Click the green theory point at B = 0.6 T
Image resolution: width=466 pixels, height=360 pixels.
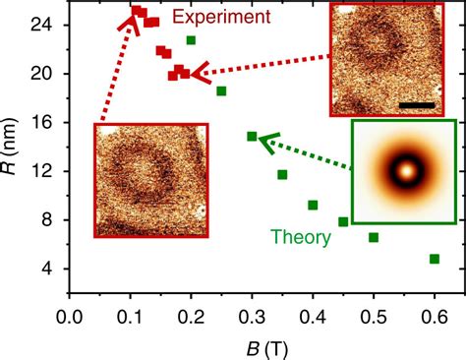434,259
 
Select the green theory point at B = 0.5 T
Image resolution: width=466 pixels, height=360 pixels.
374,237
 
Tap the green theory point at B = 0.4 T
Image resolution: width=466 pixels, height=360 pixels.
313,205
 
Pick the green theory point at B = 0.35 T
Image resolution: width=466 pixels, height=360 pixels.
282,175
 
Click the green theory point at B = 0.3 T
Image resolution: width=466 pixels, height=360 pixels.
252,137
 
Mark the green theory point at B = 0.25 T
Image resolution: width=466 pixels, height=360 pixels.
221,91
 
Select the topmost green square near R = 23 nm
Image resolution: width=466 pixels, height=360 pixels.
191,40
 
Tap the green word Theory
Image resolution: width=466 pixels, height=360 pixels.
301,236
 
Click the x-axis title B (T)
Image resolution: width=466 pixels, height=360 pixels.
252,345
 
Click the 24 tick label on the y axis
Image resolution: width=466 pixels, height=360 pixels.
49,25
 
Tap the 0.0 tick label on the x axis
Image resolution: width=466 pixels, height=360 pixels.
69,317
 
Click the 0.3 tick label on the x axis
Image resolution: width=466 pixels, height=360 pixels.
252,317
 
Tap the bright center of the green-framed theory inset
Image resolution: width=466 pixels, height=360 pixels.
403,171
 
